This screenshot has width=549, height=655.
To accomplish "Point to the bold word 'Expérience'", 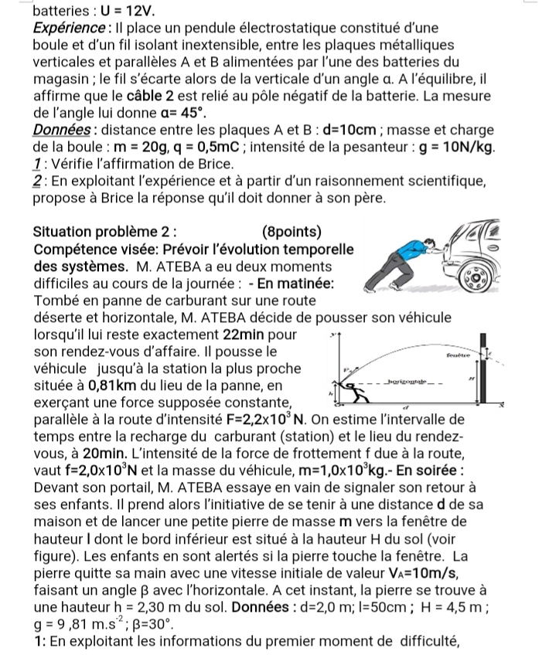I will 66,29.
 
